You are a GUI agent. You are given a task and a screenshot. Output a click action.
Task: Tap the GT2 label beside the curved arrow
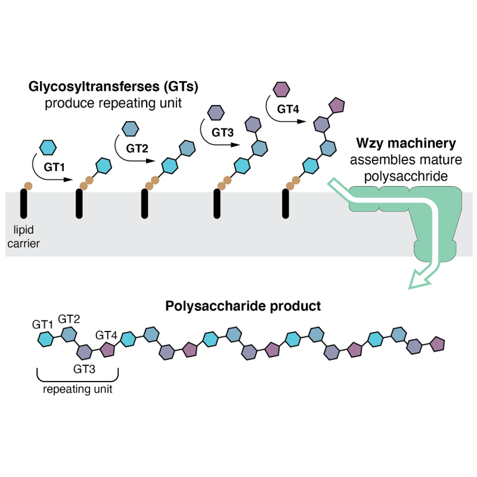click(137, 148)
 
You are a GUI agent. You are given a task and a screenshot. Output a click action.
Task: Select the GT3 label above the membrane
click(222, 132)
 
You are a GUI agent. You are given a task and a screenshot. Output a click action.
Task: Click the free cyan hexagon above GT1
click(47, 146)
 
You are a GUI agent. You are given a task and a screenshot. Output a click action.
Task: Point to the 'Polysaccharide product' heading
click(243, 306)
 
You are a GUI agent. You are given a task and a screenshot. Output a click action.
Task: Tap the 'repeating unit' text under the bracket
click(78, 390)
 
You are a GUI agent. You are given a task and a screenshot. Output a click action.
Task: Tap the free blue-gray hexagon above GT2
click(129, 128)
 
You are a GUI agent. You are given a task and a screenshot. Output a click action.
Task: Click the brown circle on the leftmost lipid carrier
click(27, 186)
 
